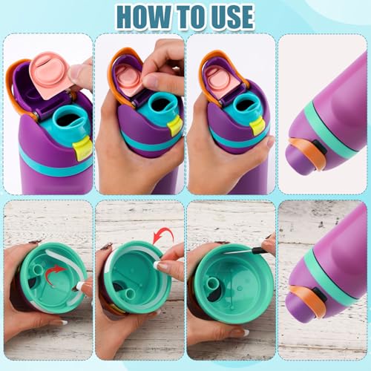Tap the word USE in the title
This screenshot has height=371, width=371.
[226, 16]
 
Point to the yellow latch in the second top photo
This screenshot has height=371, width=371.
[175, 125]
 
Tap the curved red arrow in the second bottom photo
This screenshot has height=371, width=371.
[162, 237]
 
